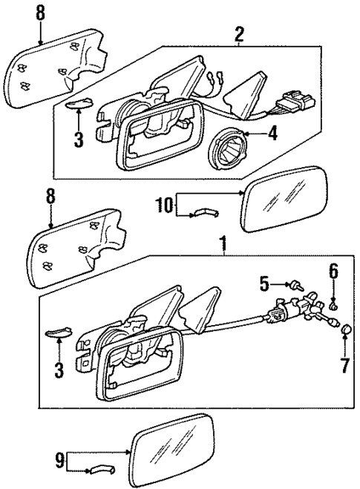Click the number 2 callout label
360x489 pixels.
(x=238, y=34)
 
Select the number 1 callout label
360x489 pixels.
(x=222, y=243)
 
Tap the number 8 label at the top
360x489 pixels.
(x=39, y=13)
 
